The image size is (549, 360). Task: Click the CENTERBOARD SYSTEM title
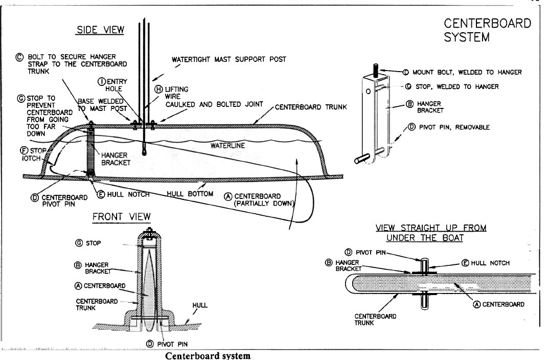[x=487, y=30]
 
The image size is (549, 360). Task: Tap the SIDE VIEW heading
[x=101, y=30]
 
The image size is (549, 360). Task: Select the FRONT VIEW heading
[x=122, y=217]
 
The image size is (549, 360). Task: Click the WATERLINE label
[x=227, y=145]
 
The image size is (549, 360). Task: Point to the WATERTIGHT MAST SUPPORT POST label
[x=228, y=59]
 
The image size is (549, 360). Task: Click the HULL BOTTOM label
[x=190, y=194]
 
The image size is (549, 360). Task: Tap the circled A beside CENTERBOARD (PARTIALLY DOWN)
[x=228, y=196]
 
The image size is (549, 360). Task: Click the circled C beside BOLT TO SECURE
[x=19, y=57]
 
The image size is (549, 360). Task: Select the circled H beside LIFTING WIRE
[x=158, y=89]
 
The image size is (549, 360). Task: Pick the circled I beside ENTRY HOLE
[x=102, y=82]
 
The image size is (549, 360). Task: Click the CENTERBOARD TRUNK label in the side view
[x=311, y=107]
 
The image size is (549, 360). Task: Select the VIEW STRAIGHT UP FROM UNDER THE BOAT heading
[x=430, y=233]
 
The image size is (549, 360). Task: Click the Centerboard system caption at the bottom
[x=208, y=356]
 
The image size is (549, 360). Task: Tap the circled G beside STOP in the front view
[x=79, y=243]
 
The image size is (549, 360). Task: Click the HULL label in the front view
[x=199, y=305]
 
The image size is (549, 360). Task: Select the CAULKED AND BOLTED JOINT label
[x=214, y=104]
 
